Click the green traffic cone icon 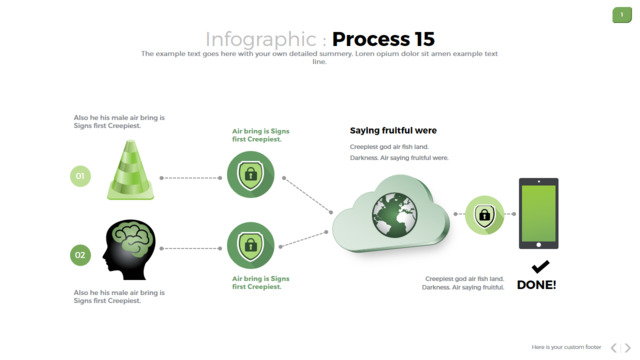131,170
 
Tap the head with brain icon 129,250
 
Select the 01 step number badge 80,176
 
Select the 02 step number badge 80,255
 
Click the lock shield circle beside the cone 251,175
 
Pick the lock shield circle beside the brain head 251,245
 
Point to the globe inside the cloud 394,215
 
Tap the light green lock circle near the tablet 484,215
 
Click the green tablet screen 539,213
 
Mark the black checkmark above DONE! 540,267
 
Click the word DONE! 536,285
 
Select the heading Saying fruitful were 393,131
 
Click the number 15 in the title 424,39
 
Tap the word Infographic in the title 261,40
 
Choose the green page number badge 622,15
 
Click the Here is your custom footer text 566,347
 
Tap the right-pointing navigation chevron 628,348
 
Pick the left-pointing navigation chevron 613,348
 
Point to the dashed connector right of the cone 191,178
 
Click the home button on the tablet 539,245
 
